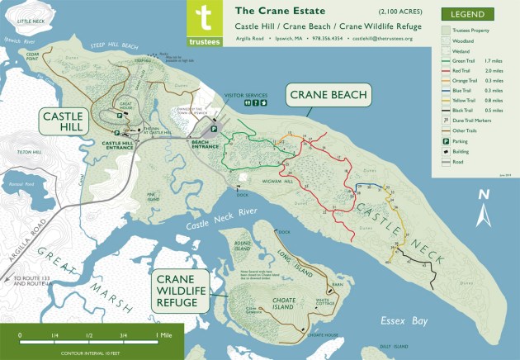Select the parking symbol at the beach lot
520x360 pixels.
214,129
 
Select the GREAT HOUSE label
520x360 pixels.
126,104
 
